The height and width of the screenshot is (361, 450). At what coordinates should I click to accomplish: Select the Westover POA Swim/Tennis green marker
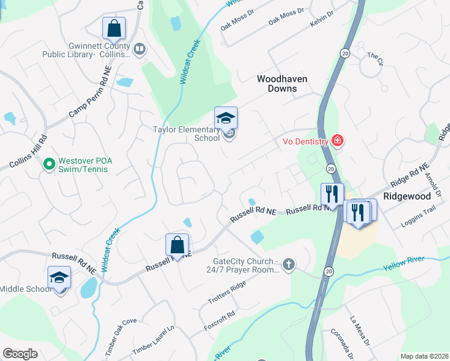pyautogui.click(x=49, y=163)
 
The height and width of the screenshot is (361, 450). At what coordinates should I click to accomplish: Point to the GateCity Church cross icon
pyautogui.click(x=289, y=264)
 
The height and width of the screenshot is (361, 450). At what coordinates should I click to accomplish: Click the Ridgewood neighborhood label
pyautogui.click(x=407, y=196)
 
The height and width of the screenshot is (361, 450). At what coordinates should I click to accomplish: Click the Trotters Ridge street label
pyautogui.click(x=227, y=292)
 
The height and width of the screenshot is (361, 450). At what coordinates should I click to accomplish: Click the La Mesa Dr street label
pyautogui.click(x=359, y=332)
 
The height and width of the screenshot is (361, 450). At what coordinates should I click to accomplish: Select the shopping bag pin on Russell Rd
pyautogui.click(x=177, y=245)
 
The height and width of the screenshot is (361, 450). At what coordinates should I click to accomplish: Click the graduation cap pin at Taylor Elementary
pyautogui.click(x=226, y=118)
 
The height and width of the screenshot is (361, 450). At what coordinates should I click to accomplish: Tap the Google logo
pyautogui.click(x=20, y=354)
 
